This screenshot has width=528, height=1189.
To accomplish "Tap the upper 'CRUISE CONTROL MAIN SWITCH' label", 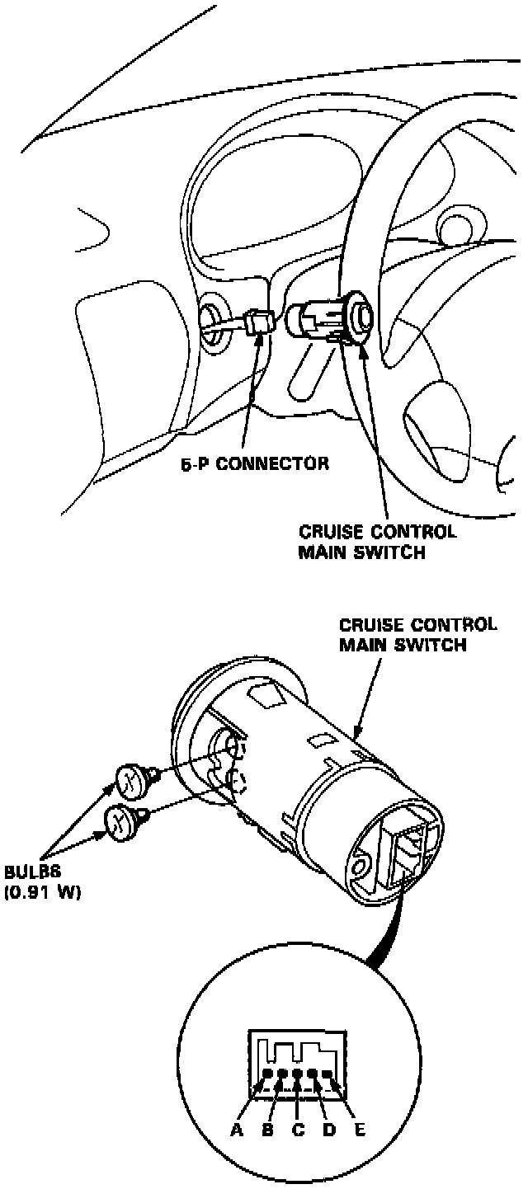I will [377, 543].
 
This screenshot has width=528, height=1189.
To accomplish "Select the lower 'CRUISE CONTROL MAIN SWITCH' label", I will [418, 634].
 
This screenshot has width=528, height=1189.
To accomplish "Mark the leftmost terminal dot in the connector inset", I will [267, 1074].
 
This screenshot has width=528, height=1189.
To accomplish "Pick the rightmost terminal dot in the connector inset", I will [328, 1074].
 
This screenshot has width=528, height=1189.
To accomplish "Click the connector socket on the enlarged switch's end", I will [408, 850].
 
